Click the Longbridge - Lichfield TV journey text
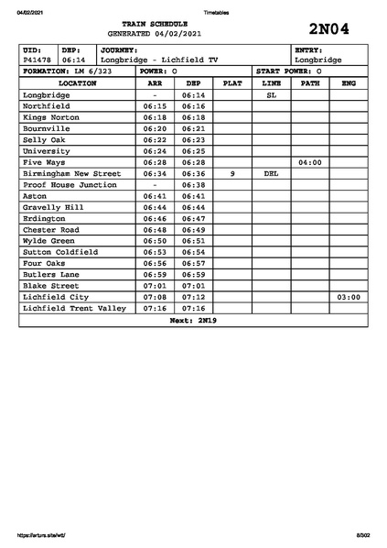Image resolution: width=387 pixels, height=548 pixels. pyautogui.click(x=159, y=60)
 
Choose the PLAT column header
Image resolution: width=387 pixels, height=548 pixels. pyautogui.click(x=232, y=83)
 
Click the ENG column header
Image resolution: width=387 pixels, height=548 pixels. pyautogui.click(x=348, y=83)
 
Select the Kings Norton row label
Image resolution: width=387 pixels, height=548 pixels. pyautogui.click(x=52, y=117)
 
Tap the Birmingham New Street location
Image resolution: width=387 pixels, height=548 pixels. pyautogui.click(x=71, y=173)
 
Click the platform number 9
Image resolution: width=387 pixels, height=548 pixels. pyautogui.click(x=232, y=173)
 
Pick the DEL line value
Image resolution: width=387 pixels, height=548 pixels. pyautogui.click(x=271, y=173)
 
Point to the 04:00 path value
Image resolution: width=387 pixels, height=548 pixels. pyautogui.click(x=310, y=162)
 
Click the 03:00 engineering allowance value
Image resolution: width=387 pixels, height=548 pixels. pyautogui.click(x=348, y=297)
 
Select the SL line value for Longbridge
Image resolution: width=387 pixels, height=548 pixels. pyautogui.click(x=271, y=95)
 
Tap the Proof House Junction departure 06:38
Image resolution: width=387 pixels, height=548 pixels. pyautogui.click(x=193, y=184)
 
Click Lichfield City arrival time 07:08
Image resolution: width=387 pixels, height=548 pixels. pyautogui.click(x=155, y=297)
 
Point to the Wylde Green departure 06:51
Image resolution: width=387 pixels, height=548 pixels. pyautogui.click(x=193, y=241)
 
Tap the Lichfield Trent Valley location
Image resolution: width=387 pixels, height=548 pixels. pyautogui.click(x=74, y=308)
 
